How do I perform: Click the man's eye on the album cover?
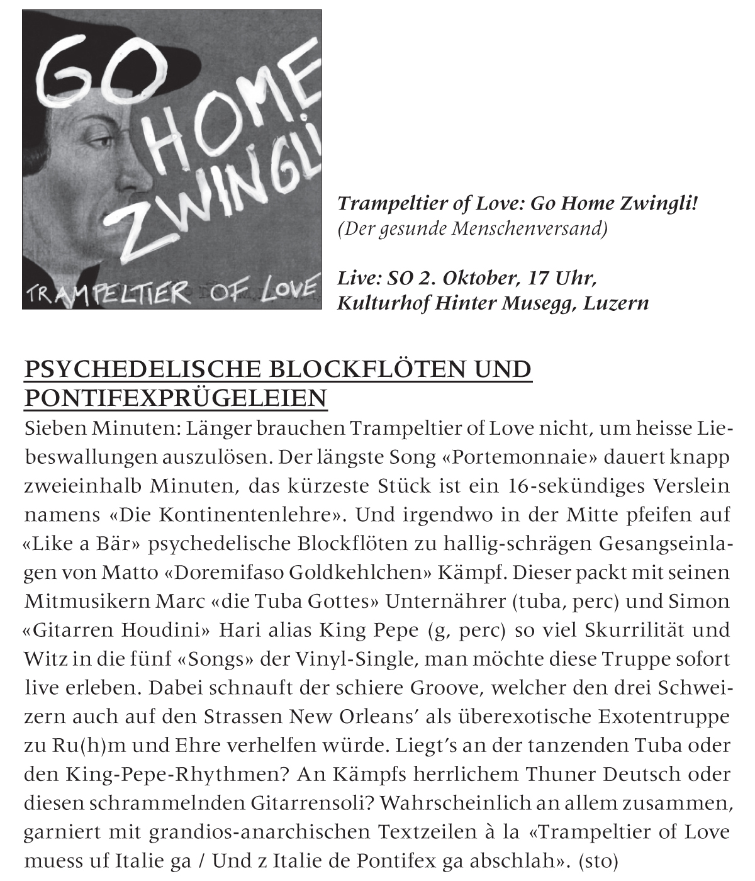pos(94,140)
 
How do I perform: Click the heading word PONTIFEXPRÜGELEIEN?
pos(176,398)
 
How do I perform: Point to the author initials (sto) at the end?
pos(598,860)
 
